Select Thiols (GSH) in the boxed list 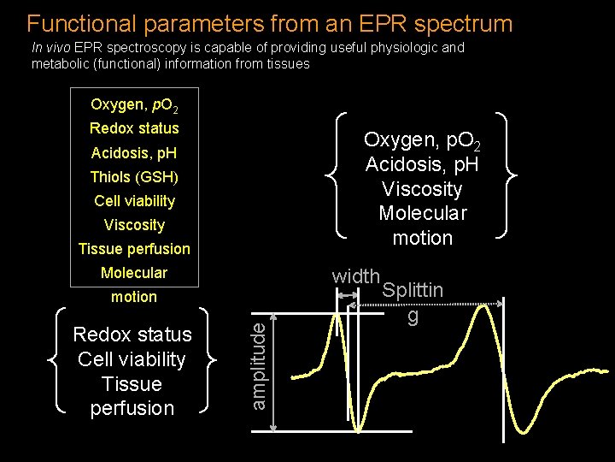134,177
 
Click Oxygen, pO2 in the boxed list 134,105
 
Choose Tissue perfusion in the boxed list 134,249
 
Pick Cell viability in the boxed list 134,201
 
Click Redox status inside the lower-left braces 132,335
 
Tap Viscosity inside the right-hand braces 422,189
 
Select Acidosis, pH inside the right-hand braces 422,164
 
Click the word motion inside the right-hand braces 422,238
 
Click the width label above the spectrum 355,276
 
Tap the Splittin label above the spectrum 413,290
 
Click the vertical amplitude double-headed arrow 272,371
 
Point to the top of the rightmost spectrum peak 489,306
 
